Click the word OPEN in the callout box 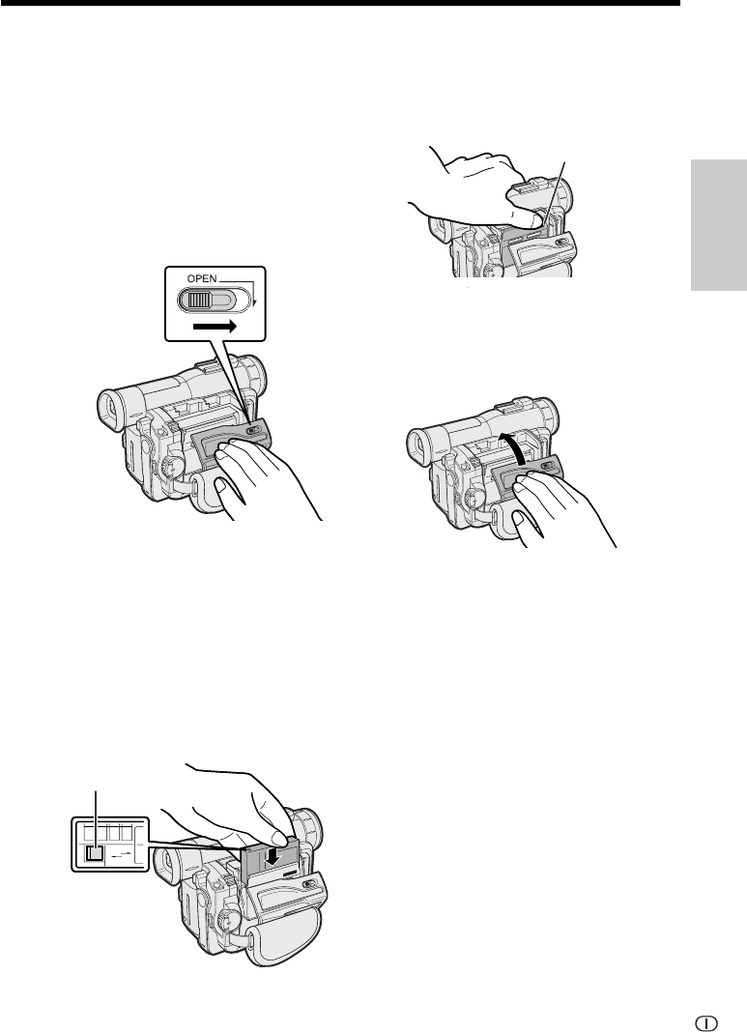point(201,278)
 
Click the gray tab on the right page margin point(719,224)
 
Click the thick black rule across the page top point(339,3)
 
